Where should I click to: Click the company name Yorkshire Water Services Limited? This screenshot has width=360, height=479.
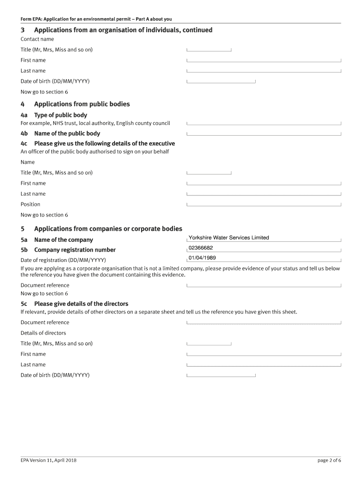229,238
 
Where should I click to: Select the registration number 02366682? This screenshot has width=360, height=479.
201,248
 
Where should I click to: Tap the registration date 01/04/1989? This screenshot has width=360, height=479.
202,258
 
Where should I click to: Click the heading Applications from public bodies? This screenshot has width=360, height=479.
82,104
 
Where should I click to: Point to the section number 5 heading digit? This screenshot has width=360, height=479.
22,229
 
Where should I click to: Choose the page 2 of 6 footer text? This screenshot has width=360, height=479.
329,460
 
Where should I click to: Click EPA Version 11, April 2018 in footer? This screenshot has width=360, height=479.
49,460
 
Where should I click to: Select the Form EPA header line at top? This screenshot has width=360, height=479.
96,19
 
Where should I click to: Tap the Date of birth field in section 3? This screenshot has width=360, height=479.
221,81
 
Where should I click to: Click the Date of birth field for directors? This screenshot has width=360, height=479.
221,375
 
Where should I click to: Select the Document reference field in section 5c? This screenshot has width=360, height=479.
264,322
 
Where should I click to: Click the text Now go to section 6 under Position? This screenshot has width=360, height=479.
44,215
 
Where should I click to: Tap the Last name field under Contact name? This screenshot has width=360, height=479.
264,70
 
